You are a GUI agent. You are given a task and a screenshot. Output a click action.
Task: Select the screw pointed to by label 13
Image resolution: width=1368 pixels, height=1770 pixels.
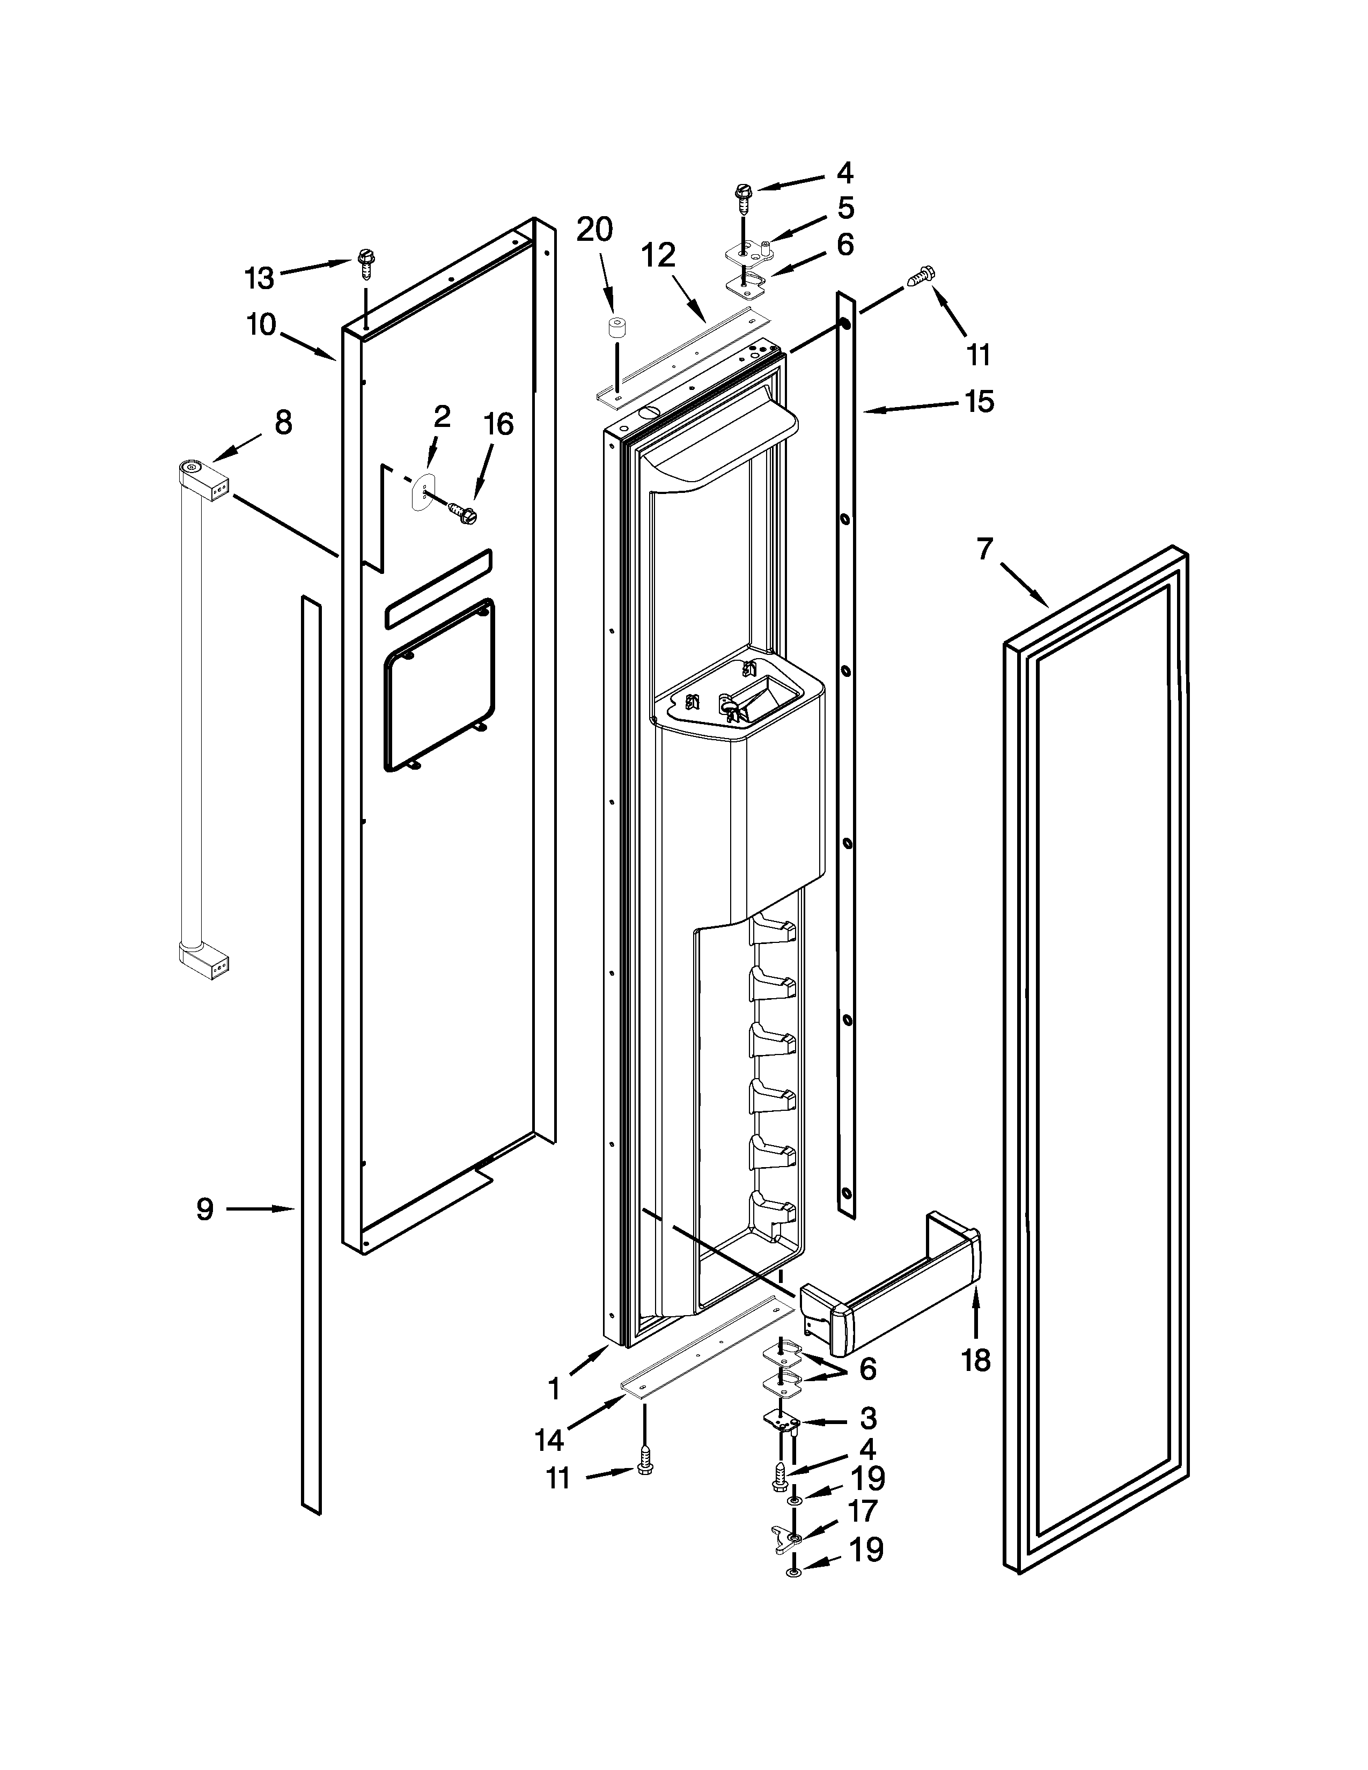click(365, 263)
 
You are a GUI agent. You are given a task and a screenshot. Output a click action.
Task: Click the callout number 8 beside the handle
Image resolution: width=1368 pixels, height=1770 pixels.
click(283, 423)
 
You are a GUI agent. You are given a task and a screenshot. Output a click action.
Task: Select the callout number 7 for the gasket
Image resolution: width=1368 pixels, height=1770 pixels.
click(984, 549)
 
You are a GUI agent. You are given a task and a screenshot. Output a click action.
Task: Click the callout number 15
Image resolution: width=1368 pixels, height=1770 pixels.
click(980, 401)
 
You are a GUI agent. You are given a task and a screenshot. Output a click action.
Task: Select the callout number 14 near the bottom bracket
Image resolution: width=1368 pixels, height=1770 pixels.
click(549, 1440)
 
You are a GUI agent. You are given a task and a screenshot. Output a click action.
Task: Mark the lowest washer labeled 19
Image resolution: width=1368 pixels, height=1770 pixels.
click(793, 1572)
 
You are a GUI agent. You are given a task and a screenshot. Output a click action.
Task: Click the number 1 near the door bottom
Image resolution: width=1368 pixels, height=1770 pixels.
click(554, 1389)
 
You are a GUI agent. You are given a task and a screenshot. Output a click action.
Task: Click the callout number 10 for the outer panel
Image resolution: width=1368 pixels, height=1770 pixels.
click(261, 325)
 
